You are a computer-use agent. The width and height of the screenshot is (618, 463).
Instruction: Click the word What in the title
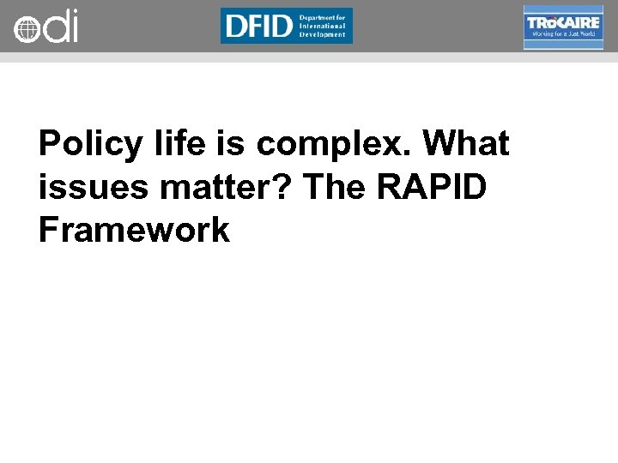467,143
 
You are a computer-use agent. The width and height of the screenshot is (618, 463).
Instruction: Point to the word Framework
134,229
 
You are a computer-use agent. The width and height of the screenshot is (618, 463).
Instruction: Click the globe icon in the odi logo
27,29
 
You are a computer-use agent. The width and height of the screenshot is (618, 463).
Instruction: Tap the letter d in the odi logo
54,26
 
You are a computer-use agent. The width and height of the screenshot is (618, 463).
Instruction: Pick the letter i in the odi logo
73,26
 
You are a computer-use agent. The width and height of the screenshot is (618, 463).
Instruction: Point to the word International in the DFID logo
323,26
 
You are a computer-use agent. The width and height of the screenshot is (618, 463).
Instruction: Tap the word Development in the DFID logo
323,35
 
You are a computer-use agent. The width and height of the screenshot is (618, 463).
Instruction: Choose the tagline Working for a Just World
562,35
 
